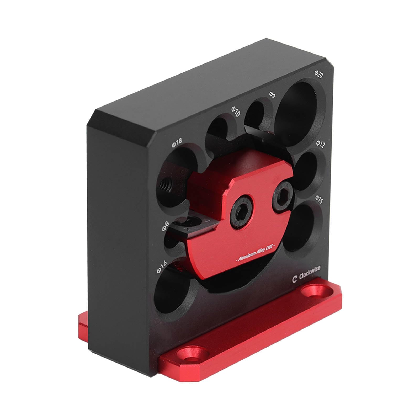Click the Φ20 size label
pos(319,73)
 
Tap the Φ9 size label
pos(272,95)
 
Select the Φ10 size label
pos(235,111)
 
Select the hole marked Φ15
pos(302,226)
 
